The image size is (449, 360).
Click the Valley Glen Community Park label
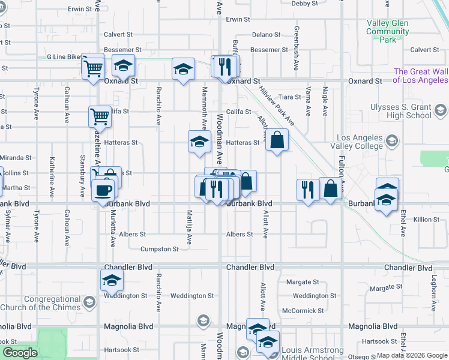[387, 31]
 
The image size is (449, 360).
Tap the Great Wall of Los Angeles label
[421, 76]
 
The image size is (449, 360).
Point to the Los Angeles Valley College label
[360, 142]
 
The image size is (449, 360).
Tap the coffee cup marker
[102, 190]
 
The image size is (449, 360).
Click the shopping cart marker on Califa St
[100, 115]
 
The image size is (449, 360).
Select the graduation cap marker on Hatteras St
[199, 142]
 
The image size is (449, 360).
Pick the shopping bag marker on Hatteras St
[276, 140]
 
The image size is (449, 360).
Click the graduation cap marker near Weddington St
[112, 280]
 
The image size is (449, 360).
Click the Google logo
[20, 353]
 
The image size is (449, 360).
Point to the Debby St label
[305, 4]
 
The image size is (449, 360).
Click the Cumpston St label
[159, 249]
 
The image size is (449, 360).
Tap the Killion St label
[426, 220]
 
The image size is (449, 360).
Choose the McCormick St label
[303, 311]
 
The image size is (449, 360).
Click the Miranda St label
[16, 158]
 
